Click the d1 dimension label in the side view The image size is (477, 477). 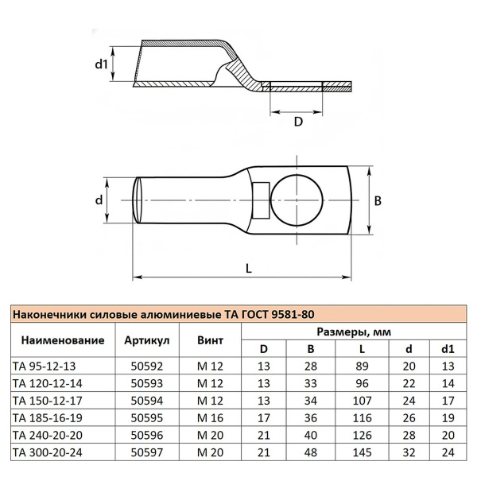coord(101,63)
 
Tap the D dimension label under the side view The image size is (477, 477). coord(298,122)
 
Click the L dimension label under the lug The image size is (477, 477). coord(249,269)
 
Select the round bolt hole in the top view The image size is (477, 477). coord(297,199)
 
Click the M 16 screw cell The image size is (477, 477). coord(210,417)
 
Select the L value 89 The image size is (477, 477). coord(362,366)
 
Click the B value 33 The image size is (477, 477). coord(311,383)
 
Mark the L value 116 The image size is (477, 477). coord(362,417)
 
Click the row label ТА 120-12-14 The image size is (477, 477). coord(49,383)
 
